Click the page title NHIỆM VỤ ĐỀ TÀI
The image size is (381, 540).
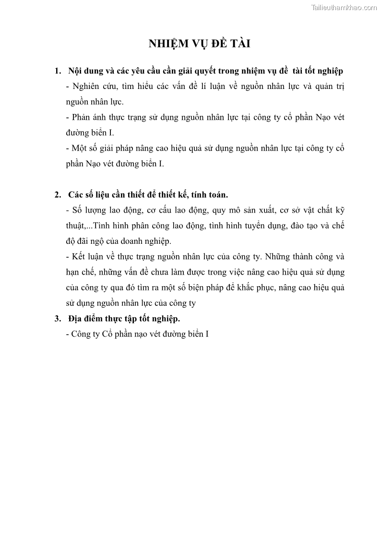200,44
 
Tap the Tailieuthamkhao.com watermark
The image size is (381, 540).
344,7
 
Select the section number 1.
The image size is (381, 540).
58,71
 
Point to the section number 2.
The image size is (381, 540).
58,195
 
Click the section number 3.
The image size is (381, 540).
58,318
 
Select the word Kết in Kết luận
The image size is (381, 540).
79,257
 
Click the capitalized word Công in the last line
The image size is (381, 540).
82,334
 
